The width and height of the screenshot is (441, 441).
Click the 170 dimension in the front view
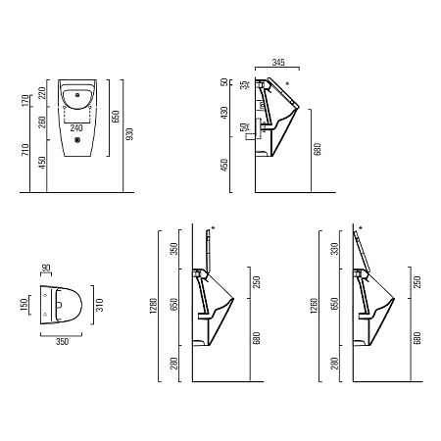click(x=24, y=101)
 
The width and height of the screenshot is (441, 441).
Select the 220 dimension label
click(x=41, y=93)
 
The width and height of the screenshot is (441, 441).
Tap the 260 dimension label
click(x=42, y=122)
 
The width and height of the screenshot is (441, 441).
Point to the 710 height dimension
click(x=24, y=149)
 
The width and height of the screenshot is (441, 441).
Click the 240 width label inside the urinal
click(x=76, y=127)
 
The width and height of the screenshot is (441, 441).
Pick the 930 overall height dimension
click(x=129, y=134)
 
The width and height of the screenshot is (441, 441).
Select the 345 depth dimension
click(x=278, y=62)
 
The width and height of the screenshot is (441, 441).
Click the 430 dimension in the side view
click(x=224, y=113)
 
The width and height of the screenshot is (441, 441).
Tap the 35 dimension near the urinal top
click(x=244, y=85)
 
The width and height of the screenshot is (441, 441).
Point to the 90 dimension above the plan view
click(x=46, y=269)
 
